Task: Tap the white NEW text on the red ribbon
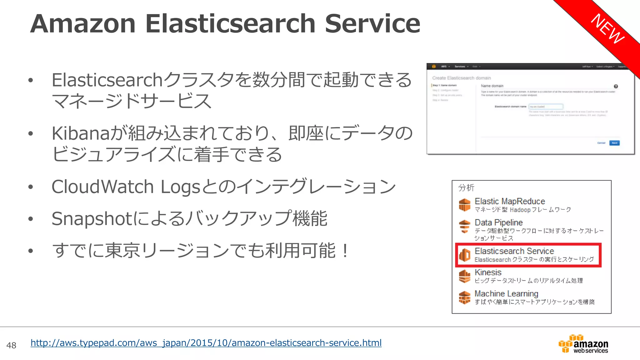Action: point(608,29)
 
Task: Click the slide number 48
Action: point(11,345)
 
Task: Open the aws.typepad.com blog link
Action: point(206,343)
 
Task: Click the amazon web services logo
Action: point(583,344)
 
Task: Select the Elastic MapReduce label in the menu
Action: point(509,201)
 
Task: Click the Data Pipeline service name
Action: point(498,222)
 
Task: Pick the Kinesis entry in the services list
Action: point(488,272)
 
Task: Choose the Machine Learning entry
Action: point(506,294)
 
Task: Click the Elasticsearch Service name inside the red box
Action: point(514,251)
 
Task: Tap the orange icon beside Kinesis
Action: point(465,276)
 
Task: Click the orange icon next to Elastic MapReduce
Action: point(465,205)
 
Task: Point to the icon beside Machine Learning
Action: point(465,297)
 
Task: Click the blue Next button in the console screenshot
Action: point(614,143)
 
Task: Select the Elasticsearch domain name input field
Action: point(546,107)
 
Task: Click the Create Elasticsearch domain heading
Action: point(461,78)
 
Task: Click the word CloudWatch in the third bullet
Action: point(102,187)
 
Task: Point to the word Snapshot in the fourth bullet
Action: point(92,218)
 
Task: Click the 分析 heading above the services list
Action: point(466,187)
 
